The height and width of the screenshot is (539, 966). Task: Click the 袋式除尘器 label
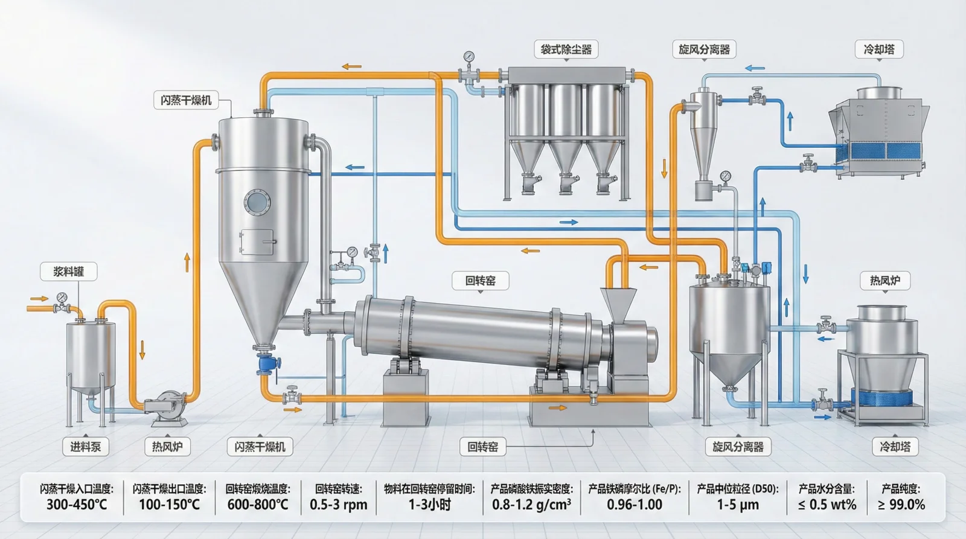(x=566, y=49)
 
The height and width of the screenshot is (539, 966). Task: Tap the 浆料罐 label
(x=69, y=272)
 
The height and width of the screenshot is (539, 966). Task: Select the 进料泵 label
(x=85, y=447)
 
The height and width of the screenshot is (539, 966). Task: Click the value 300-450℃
(x=77, y=505)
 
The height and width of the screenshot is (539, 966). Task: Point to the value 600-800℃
(x=258, y=505)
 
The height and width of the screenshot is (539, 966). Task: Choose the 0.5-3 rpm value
(x=339, y=505)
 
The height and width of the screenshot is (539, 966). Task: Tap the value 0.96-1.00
(x=635, y=505)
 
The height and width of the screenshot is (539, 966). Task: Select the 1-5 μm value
(x=738, y=505)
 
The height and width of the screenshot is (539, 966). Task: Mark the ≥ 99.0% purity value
(x=901, y=505)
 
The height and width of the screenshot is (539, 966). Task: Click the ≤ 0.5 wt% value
(x=827, y=505)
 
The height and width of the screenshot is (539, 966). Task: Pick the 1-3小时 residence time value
(x=429, y=505)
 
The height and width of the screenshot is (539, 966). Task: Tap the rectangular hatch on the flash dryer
(x=257, y=242)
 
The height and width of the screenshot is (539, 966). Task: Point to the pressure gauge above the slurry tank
(x=62, y=298)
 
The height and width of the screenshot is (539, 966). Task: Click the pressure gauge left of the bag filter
(x=469, y=57)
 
